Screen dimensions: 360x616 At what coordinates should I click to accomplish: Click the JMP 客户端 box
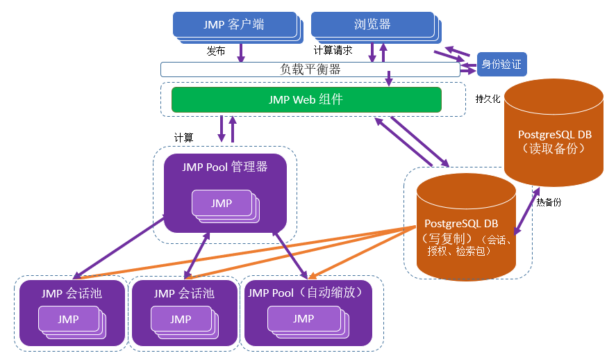(233, 24)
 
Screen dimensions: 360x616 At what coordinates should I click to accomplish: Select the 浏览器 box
(372, 24)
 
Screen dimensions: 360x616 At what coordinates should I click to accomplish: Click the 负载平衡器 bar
(310, 69)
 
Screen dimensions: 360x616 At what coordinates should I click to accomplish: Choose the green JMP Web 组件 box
(306, 99)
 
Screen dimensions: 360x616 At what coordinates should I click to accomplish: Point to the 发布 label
(216, 51)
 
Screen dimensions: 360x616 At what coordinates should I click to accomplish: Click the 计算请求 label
(333, 51)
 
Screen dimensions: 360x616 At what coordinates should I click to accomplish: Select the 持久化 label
(488, 99)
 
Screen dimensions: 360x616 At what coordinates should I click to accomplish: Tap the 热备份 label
(548, 202)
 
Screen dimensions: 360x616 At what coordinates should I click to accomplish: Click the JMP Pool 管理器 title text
(225, 167)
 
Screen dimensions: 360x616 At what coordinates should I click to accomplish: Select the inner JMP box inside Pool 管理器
(222, 204)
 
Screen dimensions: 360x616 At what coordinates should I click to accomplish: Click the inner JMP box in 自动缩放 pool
(303, 319)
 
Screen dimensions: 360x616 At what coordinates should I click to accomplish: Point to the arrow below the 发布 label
(242, 53)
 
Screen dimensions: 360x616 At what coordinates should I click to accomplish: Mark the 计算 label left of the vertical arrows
(184, 138)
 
